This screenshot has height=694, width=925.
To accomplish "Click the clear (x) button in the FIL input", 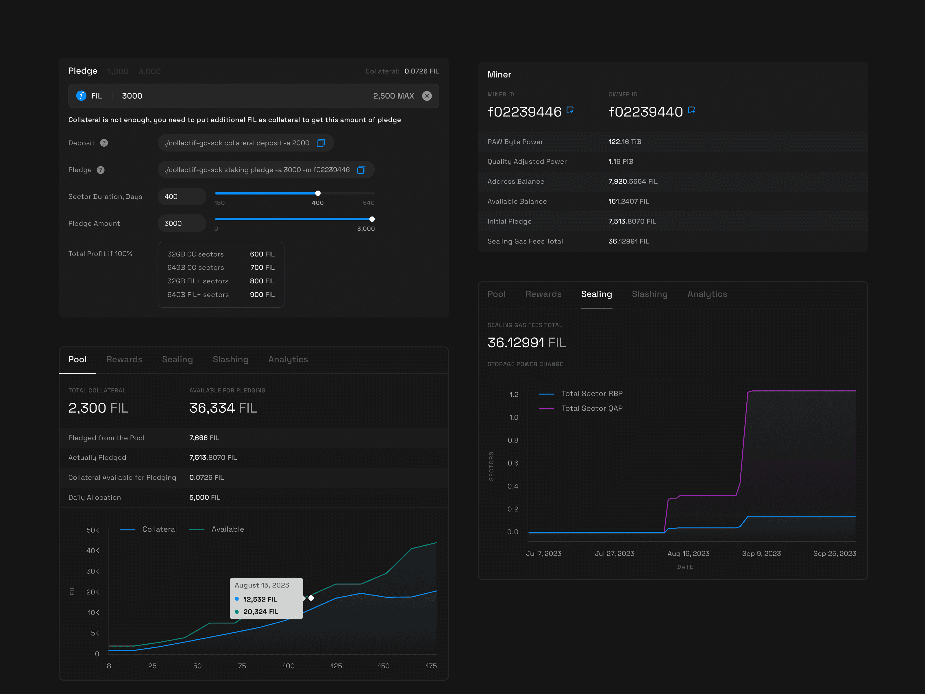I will (x=427, y=96).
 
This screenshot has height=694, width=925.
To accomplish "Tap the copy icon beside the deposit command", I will (x=321, y=143).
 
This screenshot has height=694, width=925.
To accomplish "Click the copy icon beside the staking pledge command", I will (x=361, y=170).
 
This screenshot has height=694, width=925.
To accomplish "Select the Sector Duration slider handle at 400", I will (x=318, y=193).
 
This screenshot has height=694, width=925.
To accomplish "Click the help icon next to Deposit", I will (x=104, y=143).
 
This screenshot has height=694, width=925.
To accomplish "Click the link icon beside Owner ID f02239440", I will (x=691, y=110).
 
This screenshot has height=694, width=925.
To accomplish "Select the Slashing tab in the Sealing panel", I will (x=650, y=294).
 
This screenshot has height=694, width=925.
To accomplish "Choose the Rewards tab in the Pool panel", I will (x=124, y=359).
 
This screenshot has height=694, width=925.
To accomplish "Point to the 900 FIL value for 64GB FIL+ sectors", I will (x=262, y=294).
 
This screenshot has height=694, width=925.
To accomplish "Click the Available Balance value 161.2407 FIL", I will (x=628, y=201).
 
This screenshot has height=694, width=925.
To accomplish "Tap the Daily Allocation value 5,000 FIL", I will (x=204, y=497).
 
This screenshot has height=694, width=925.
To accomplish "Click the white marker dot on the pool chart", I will (x=311, y=598).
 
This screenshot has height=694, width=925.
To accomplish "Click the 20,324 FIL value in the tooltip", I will (x=260, y=612).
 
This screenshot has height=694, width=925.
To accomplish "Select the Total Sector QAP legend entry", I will (x=591, y=408).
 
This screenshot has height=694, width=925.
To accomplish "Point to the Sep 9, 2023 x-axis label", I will (x=761, y=553).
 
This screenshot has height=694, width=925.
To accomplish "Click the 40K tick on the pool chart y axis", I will (x=92, y=551).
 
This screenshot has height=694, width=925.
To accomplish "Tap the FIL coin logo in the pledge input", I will (x=81, y=96).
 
